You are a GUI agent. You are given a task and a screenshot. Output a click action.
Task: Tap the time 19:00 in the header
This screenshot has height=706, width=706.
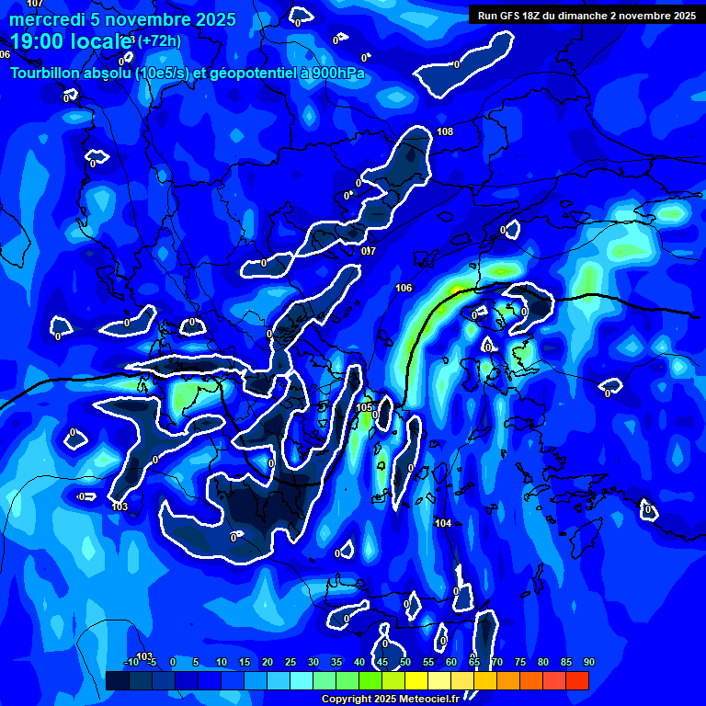click(x=40, y=41)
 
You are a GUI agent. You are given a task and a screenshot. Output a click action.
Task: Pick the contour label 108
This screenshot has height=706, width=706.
click(x=445, y=132)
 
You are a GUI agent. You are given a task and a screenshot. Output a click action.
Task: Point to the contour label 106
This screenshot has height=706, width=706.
click(x=404, y=289)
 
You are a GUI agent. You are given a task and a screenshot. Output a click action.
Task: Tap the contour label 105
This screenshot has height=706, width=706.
click(x=364, y=407)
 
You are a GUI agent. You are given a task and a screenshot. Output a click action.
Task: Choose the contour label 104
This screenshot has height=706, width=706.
click(x=443, y=523)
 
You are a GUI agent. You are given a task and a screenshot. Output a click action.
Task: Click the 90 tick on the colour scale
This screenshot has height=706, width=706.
click(x=588, y=662)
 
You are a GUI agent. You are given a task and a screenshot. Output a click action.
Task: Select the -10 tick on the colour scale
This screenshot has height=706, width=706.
click(x=131, y=662)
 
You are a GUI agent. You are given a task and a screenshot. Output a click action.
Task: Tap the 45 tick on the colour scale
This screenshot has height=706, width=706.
click(x=382, y=662)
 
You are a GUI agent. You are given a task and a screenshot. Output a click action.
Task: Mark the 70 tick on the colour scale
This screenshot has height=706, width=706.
click(x=497, y=662)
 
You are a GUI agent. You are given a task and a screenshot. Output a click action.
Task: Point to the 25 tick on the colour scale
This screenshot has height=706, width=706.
click(x=290, y=662)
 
